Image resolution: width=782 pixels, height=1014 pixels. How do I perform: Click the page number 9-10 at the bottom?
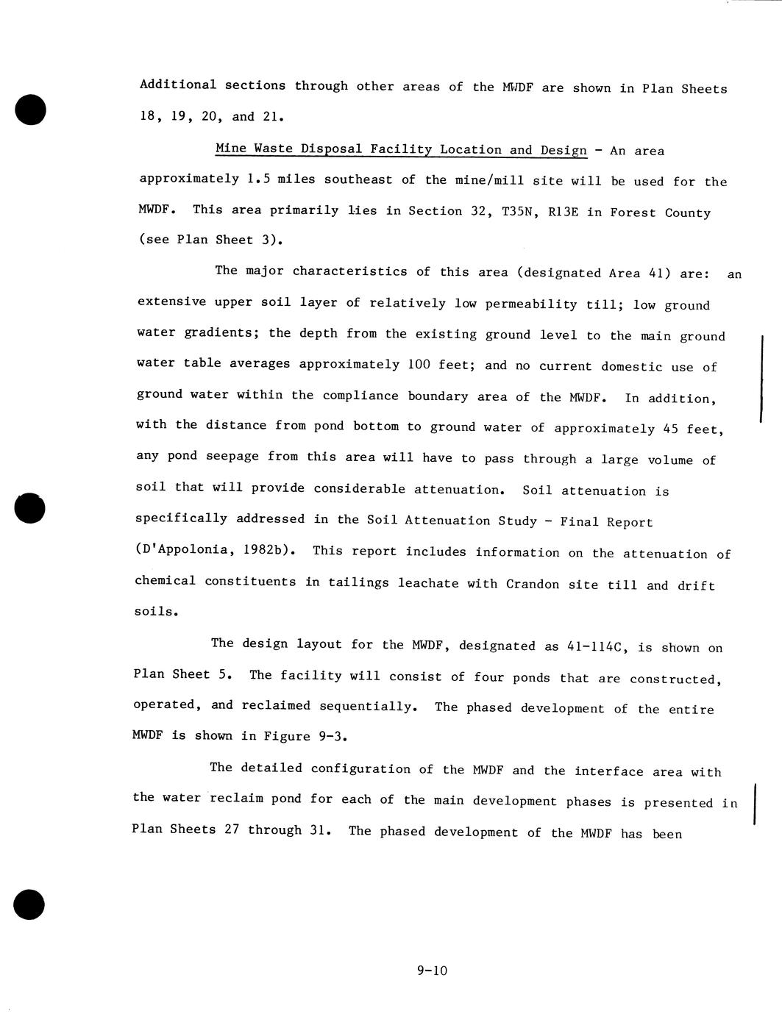click(431, 971)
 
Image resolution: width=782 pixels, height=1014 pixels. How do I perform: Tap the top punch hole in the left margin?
click(30, 110)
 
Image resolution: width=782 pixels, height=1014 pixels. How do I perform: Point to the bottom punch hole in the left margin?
click(29, 904)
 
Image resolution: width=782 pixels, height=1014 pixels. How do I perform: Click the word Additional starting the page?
click(178, 85)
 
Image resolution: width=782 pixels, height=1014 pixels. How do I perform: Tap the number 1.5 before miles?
click(259, 179)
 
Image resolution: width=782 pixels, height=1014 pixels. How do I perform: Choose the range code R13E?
click(564, 213)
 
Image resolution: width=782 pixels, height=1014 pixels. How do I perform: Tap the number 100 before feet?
click(420, 365)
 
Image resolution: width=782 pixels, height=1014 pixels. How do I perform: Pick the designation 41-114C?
click(597, 647)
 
